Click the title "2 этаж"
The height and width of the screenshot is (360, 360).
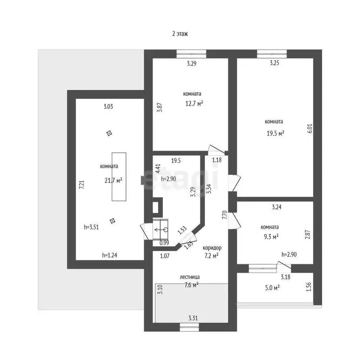click(x=180, y=34)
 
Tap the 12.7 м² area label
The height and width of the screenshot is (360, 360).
click(x=194, y=104)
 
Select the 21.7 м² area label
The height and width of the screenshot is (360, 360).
click(x=113, y=180)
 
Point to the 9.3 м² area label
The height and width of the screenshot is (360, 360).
click(x=271, y=237)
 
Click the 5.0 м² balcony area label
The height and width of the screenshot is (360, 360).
click(x=272, y=288)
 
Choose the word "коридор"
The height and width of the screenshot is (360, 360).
click(x=212, y=248)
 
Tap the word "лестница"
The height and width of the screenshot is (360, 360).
click(x=190, y=277)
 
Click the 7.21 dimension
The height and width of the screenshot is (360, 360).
click(x=82, y=185)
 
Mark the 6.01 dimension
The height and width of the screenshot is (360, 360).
click(x=310, y=129)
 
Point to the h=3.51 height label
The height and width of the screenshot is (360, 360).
click(x=91, y=227)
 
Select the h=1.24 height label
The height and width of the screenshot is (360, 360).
click(x=109, y=255)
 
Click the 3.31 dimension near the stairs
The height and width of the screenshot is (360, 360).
click(x=193, y=318)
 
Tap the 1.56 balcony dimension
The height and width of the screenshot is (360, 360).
click(x=309, y=287)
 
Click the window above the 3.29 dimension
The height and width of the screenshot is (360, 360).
click(x=191, y=54)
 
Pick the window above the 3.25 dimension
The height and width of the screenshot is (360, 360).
click(x=272, y=54)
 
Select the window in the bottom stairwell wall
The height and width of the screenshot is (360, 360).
click(x=189, y=327)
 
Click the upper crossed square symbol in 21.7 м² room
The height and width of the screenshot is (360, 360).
click(x=109, y=133)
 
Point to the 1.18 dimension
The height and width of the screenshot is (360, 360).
click(x=217, y=160)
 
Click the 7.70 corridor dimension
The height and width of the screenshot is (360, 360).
click(x=225, y=215)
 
